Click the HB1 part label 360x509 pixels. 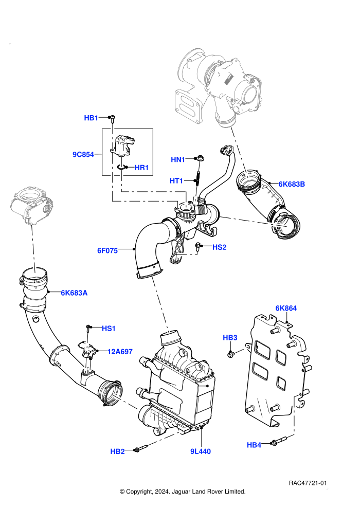pyautogui.click(x=91, y=118)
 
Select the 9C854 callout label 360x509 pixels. pyautogui.click(x=83, y=155)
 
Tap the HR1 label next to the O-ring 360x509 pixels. pyautogui.click(x=141, y=168)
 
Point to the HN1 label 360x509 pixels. pyautogui.click(x=178, y=160)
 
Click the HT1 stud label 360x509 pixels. pyautogui.click(x=176, y=181)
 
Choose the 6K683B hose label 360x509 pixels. pyautogui.click(x=292, y=185)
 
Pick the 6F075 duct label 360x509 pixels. pyautogui.click(x=107, y=250)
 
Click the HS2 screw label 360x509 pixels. pyautogui.click(x=220, y=247)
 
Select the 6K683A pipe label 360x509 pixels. pyautogui.click(x=74, y=293)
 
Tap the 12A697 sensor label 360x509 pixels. pyautogui.click(x=120, y=352)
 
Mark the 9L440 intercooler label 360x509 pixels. pyautogui.click(x=200, y=451)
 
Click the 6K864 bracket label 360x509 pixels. pyautogui.click(x=286, y=308)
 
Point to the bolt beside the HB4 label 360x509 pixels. pyautogui.click(x=278, y=441)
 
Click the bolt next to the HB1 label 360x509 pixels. pyautogui.click(x=112, y=119)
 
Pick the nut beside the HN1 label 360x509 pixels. pyautogui.click(x=199, y=158)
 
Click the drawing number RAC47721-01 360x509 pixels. pyautogui.click(x=308, y=483)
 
